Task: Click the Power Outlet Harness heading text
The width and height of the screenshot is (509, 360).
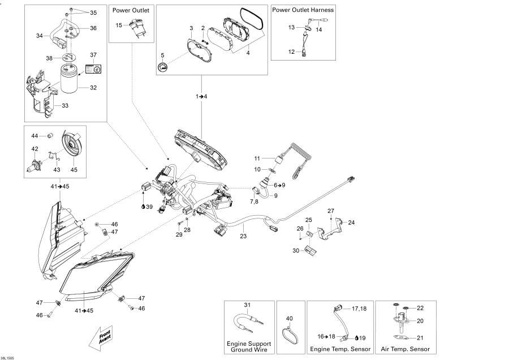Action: [x=303, y=10]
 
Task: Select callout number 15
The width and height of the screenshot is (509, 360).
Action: [x=119, y=25]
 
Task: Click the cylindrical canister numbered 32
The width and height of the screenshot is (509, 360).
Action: [x=72, y=79]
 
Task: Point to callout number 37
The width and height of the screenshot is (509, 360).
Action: [x=94, y=55]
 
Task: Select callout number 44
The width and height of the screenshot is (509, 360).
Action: [x=34, y=136]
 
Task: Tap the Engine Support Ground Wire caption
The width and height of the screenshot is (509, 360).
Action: [x=249, y=346]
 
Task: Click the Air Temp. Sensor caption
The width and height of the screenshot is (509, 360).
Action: [x=406, y=349]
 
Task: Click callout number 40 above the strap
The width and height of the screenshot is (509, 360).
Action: [x=290, y=319]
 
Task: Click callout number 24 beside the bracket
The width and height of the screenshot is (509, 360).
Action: [x=351, y=222]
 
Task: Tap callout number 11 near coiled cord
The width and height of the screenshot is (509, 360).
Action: [x=256, y=158]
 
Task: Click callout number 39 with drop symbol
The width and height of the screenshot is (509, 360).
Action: [x=149, y=207]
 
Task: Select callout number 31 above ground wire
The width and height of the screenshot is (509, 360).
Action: [x=247, y=305]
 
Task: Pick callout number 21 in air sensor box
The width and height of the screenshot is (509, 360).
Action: [x=419, y=337]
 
